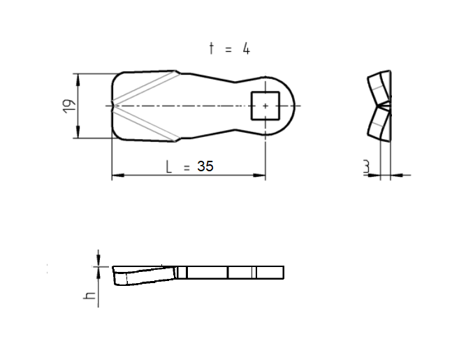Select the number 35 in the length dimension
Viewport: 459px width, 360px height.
[205, 167]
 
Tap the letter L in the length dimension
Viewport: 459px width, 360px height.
[168, 167]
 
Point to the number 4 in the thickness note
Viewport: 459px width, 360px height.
[246, 48]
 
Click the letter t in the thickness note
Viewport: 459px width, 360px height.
[212, 48]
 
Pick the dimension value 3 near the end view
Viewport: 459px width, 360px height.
[366, 167]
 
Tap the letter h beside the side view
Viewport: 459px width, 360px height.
[89, 296]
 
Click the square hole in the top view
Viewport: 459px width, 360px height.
[265, 106]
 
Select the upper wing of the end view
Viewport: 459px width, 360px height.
[378, 87]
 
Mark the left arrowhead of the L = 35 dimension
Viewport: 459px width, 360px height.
[117, 175]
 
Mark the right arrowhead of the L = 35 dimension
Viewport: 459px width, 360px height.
[261, 175]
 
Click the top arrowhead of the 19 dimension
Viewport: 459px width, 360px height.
[77, 78]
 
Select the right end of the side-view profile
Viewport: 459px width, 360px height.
[283, 273]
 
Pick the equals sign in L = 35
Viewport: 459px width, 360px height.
[187, 168]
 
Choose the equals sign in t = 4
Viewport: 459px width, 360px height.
[228, 49]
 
